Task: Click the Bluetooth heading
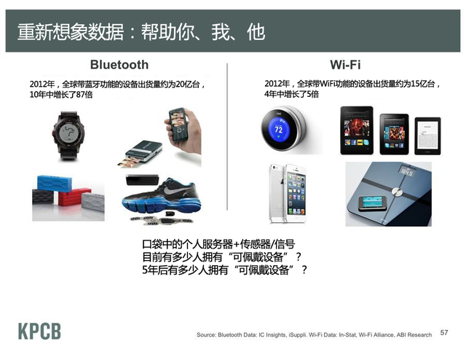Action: click(119, 65)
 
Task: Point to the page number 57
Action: click(446, 332)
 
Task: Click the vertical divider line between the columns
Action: click(227, 146)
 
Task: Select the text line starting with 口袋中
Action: click(218, 244)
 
